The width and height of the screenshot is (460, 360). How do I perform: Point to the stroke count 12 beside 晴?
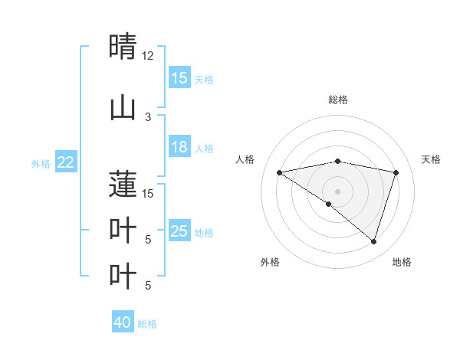[x=148, y=56]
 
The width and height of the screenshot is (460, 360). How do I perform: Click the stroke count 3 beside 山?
[x=148, y=117]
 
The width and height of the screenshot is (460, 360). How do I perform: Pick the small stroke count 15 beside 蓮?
[x=148, y=193]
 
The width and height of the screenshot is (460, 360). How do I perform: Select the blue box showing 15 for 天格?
[x=179, y=78]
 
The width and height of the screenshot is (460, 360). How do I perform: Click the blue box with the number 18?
[x=179, y=147]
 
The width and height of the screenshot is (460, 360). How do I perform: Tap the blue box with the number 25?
[x=179, y=231]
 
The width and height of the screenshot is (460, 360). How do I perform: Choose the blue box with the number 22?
[x=66, y=162]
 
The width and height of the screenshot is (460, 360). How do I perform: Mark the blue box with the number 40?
[x=123, y=322]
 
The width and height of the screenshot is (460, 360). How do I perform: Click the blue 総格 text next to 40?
[x=147, y=324]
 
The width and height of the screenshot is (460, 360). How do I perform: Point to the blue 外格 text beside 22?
[x=41, y=163]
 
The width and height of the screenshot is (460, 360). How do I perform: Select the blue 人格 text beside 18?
[x=204, y=148]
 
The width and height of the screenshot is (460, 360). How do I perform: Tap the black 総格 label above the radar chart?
[x=337, y=100]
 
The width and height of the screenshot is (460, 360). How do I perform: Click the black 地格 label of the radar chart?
[x=402, y=263]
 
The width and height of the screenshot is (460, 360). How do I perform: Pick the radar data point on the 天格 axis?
[x=396, y=172]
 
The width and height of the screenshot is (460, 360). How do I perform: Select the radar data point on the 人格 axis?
[x=280, y=172]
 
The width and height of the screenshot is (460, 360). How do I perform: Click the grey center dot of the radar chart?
[x=337, y=191]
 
